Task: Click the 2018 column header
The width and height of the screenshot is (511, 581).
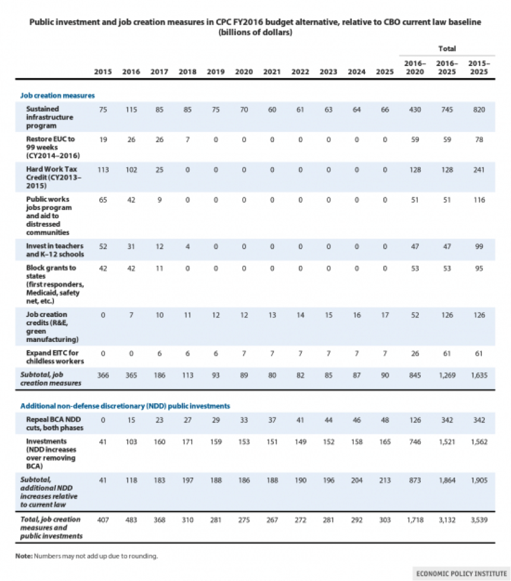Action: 187,71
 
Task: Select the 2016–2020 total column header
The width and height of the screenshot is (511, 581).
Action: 415,67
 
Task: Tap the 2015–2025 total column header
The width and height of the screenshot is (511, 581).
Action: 479,67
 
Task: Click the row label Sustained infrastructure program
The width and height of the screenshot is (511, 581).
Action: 50,117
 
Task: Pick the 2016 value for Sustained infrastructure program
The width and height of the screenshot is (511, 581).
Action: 131,109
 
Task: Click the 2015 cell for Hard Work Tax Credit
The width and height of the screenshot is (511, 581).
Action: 103,169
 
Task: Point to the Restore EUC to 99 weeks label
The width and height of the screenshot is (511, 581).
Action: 53,147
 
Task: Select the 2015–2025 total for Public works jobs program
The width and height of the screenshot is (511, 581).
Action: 479,200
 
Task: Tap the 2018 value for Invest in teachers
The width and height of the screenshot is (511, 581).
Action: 187,246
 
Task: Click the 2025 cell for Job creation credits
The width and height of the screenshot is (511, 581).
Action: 384,315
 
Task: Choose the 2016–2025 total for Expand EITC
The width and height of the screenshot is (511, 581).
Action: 447,353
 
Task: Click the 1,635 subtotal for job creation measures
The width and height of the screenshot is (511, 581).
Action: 479,375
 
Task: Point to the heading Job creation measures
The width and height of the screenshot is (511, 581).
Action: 58,95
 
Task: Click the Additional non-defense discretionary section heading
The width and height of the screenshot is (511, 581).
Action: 125,406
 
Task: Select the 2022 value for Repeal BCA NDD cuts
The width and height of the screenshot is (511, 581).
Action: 300,420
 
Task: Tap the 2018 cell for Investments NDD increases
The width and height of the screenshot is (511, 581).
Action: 187,442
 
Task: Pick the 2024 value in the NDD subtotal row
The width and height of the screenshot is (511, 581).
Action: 357,480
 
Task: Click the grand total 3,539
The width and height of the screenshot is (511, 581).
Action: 479,520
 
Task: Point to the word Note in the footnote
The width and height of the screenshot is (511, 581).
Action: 24,556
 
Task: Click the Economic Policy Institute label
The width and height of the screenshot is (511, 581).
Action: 461,574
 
